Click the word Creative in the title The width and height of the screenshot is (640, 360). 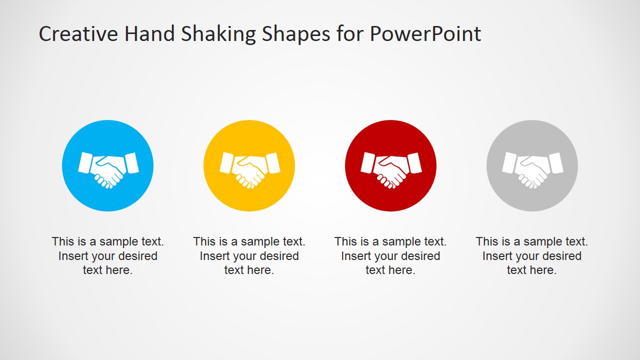tap(78, 34)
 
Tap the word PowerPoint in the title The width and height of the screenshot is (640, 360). tap(425, 34)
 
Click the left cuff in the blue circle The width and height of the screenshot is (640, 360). tap(85, 162)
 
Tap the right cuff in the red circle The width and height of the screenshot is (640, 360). tap(414, 162)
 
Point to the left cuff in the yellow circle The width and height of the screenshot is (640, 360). tap(227, 162)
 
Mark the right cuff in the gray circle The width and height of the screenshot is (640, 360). tap(556, 162)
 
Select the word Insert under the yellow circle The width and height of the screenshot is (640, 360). tap(215, 256)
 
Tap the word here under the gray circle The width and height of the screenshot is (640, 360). tap(543, 270)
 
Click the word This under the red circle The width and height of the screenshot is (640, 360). tap(345, 241)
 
